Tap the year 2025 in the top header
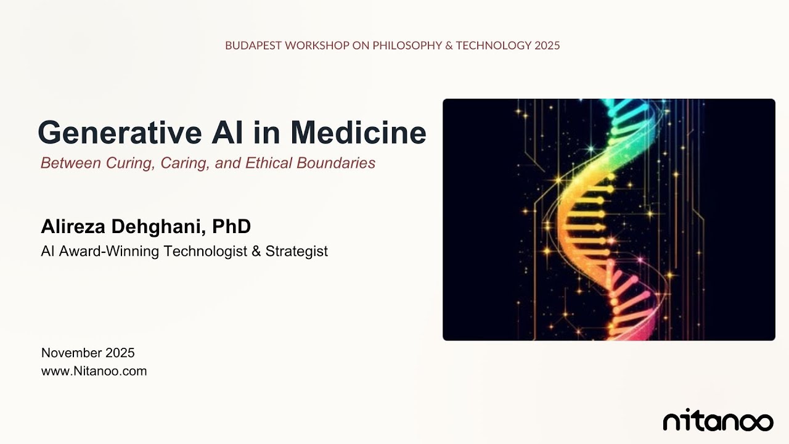point(547,46)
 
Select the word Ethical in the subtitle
point(269,163)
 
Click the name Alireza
point(73,226)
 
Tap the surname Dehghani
point(158,226)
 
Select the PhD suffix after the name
point(232,226)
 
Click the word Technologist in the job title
point(208,252)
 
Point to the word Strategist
point(296,252)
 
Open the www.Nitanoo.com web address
point(94,371)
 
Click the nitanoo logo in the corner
point(717,421)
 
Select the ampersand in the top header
point(448,46)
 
